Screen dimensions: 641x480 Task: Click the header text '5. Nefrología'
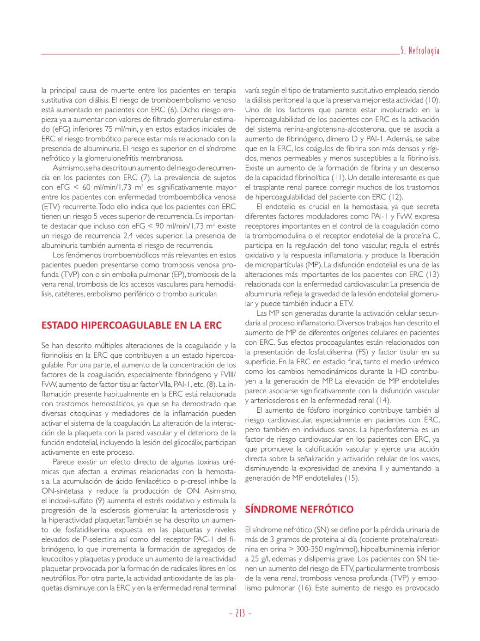(x=419, y=51)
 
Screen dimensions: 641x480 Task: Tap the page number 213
(x=240, y=613)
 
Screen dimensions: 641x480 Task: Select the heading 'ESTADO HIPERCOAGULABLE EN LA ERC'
(x=131, y=325)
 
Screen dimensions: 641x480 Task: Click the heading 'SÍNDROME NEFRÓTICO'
(x=299, y=509)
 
